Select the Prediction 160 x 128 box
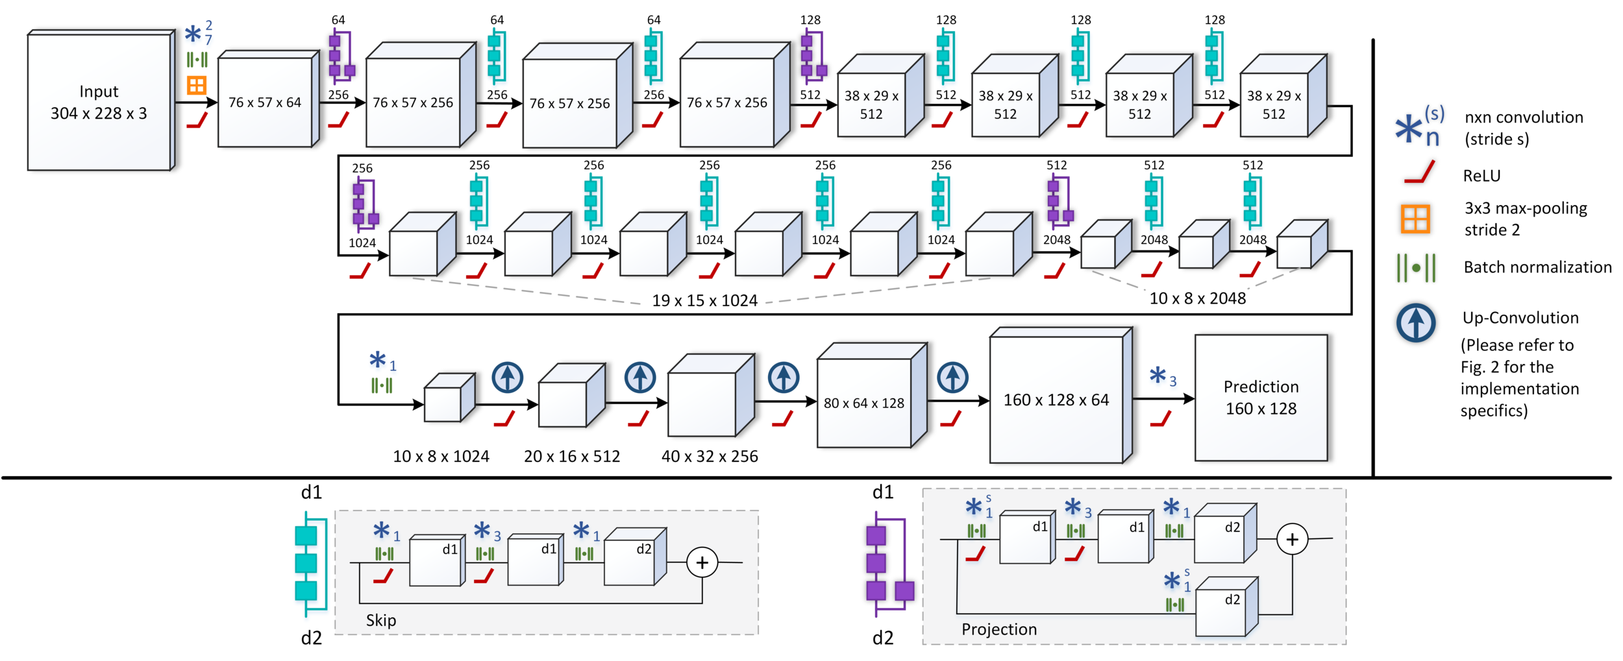point(1261,398)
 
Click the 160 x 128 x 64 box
point(1061,395)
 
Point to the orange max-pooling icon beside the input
point(197,85)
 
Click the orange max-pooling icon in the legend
point(1415,219)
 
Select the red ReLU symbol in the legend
point(1419,173)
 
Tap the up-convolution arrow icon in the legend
point(1416,322)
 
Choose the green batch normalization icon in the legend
point(1416,267)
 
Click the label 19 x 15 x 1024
point(704,300)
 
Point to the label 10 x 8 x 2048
point(1198,298)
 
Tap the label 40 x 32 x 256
point(710,456)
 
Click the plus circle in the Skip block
point(702,562)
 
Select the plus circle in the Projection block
point(1292,539)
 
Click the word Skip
point(381,620)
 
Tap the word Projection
point(999,629)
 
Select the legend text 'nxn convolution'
point(1524,117)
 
